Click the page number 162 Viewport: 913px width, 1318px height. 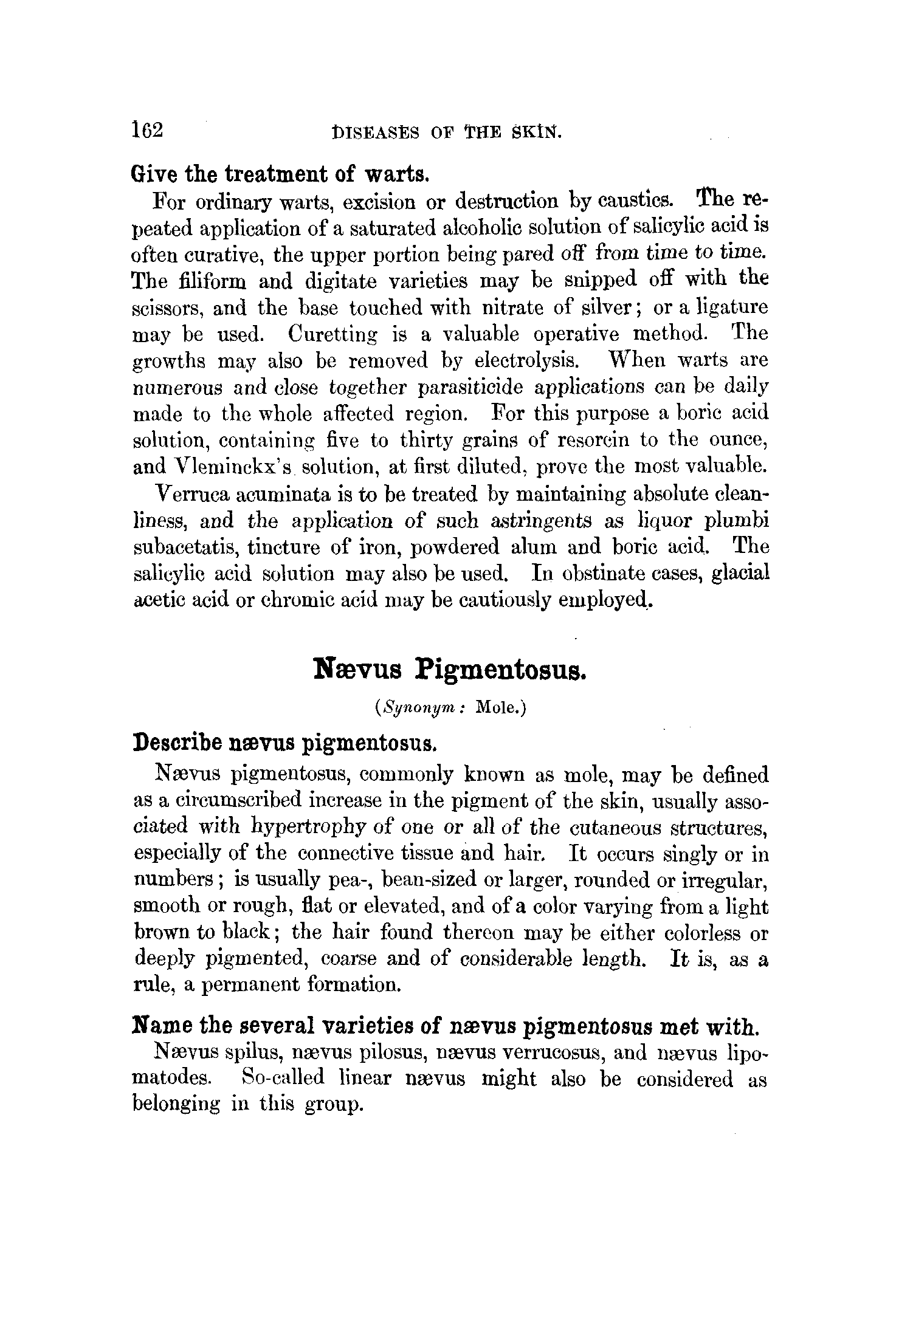[x=146, y=130]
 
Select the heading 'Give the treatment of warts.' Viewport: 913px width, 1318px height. [x=281, y=174]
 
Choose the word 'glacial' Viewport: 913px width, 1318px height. [x=740, y=574]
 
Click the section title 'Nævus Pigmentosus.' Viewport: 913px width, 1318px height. [x=449, y=669]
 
